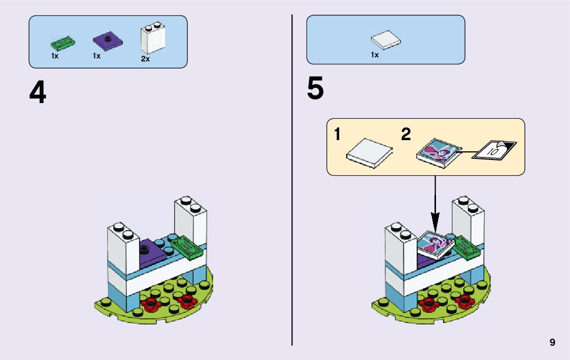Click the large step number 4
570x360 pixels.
pos(38,93)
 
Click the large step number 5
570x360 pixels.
pos(315,88)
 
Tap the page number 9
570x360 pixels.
pos(552,343)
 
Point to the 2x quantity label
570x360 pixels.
pos(145,59)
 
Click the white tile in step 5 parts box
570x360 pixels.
pos(385,40)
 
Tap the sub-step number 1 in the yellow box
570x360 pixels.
pos(338,135)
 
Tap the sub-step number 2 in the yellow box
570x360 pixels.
pos(406,135)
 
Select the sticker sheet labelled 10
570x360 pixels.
pos(494,149)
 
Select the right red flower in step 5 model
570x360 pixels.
pos(464,300)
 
